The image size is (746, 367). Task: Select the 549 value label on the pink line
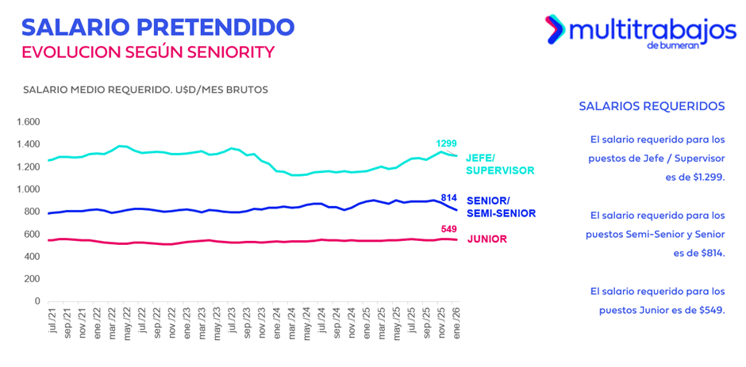click(450, 229)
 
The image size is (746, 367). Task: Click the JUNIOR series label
click(486, 239)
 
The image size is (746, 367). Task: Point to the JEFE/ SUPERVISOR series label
click(501, 164)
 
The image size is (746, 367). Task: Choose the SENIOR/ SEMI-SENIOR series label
click(501, 207)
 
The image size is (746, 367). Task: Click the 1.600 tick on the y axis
click(28, 122)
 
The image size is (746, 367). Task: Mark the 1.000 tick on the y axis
click(28, 189)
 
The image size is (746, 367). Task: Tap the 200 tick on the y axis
click(32, 279)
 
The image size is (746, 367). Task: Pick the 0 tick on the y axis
click(37, 302)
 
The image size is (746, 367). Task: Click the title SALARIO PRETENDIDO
click(158, 27)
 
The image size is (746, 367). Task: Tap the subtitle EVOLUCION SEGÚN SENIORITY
click(148, 52)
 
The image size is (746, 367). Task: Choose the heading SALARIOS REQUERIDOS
click(652, 105)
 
